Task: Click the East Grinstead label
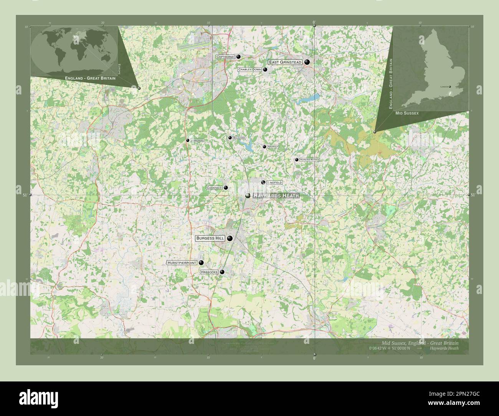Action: [x=285, y=62]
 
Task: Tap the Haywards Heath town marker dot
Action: [x=248, y=196]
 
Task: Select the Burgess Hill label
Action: [x=210, y=238]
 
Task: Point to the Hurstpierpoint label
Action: [x=182, y=263]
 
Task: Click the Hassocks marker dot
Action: [x=222, y=272]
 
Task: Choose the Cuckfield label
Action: [x=214, y=188]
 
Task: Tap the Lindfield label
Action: [x=274, y=182]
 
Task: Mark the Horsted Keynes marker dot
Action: [x=297, y=160]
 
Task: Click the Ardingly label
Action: [x=273, y=147]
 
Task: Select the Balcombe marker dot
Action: [x=230, y=137]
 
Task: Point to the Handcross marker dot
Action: [x=188, y=141]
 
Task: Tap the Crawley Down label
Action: [x=249, y=69]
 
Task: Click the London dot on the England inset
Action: [x=450, y=87]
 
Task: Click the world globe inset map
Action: [x=74, y=51]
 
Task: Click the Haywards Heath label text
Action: [x=276, y=196]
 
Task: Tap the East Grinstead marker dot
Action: [x=307, y=62]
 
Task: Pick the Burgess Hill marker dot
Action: [x=230, y=238]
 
